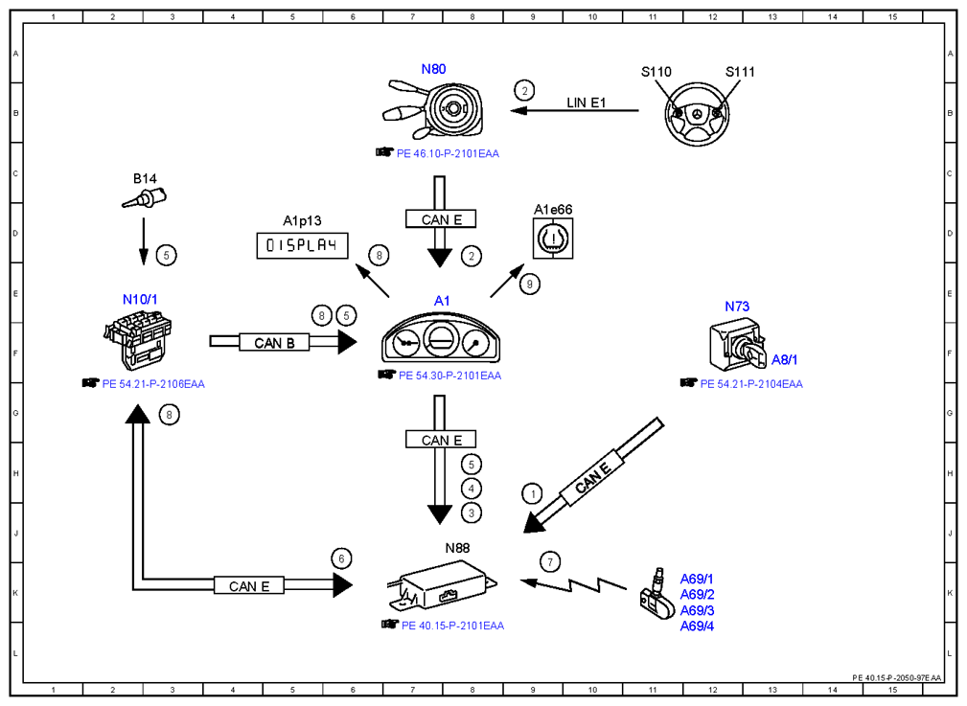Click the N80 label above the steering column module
(x=433, y=69)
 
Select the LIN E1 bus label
(x=586, y=102)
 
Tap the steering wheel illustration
(x=697, y=115)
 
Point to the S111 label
(x=740, y=72)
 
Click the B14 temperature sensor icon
(x=145, y=199)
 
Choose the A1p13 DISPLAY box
(x=302, y=245)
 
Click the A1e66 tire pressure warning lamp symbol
(x=553, y=239)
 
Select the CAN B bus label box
(x=274, y=343)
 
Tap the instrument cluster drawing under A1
(x=441, y=339)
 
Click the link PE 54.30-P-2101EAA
(x=450, y=376)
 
